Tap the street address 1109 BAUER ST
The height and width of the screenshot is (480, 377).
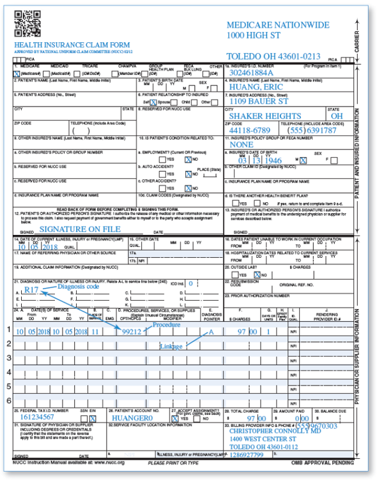259,101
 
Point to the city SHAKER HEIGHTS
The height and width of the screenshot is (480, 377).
261,116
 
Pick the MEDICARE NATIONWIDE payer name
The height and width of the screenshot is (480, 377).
278,24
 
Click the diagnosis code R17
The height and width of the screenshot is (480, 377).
31,290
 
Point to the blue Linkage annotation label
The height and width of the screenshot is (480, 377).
171,346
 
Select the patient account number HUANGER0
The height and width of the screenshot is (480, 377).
134,417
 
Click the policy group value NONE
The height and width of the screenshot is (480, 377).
242,144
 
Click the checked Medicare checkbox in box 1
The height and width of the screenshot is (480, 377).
17,73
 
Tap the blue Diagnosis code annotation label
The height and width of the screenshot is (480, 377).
79,286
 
